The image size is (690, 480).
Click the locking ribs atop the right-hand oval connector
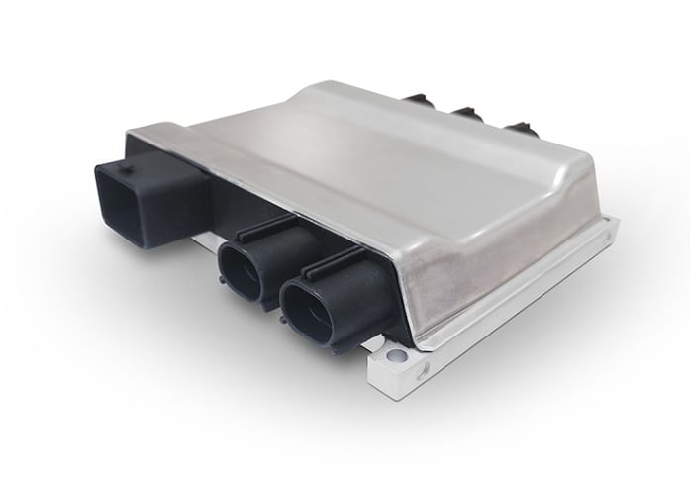tap(337, 260)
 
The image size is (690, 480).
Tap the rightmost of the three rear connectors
tap(519, 128)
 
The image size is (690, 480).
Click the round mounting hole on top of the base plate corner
tap(397, 353)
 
